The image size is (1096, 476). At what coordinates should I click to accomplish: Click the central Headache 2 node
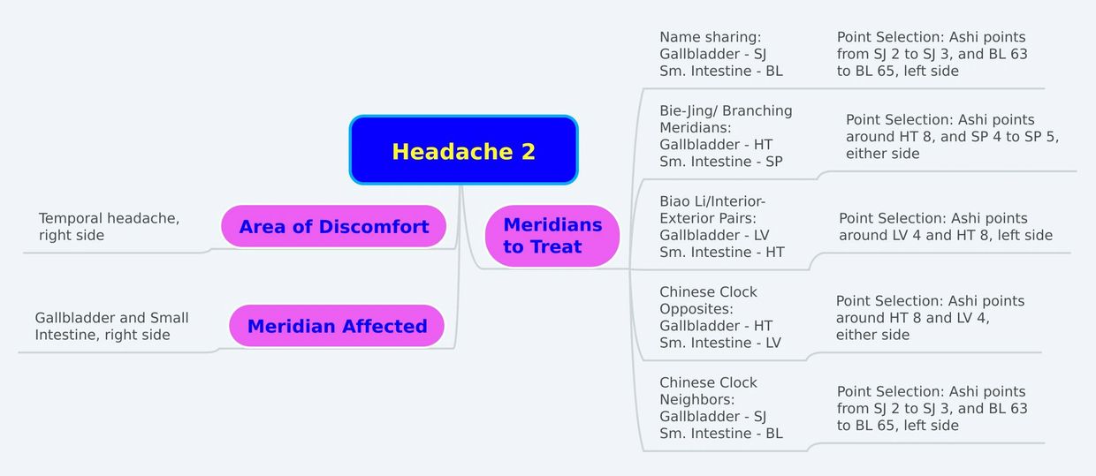[463, 150]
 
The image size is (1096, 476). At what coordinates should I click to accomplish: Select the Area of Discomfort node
[334, 226]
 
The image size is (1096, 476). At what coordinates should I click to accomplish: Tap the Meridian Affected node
[337, 326]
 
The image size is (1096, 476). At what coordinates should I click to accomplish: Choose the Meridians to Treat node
[552, 236]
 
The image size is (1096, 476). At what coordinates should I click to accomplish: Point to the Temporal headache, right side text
[109, 226]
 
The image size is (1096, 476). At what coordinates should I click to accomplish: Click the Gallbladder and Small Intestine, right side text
[111, 326]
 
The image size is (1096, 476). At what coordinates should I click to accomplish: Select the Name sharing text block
[720, 54]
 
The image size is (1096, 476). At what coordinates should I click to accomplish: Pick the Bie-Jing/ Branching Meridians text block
[726, 136]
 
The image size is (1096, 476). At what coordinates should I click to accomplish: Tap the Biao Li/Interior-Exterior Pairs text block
[722, 226]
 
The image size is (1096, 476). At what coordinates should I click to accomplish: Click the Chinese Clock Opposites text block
[719, 317]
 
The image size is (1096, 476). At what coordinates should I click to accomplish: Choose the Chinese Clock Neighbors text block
[720, 408]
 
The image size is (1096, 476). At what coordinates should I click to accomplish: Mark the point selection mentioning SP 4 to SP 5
[952, 136]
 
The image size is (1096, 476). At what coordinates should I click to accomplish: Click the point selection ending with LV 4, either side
[930, 317]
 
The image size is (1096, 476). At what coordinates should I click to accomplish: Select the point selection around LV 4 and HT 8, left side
[946, 226]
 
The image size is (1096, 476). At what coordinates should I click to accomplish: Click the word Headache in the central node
[453, 151]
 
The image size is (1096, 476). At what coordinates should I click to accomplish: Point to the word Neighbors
[696, 399]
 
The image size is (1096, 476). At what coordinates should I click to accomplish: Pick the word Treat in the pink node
[555, 246]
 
